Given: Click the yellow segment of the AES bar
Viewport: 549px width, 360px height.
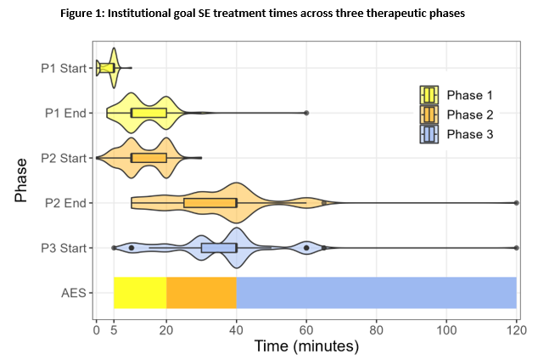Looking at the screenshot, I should click(x=140, y=293).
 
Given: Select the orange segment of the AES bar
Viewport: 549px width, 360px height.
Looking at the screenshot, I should click(x=201, y=293).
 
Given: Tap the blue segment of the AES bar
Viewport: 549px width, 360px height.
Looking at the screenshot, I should click(x=376, y=293).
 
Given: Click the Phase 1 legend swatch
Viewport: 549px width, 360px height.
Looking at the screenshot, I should click(x=429, y=95).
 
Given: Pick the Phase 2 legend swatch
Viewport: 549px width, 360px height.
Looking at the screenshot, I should click(x=429, y=115).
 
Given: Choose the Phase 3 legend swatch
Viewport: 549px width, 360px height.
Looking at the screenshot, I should click(x=429, y=134).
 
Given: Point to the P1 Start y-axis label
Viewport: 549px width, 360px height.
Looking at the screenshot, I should click(x=64, y=68).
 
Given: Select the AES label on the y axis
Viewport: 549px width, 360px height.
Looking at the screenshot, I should click(x=73, y=293).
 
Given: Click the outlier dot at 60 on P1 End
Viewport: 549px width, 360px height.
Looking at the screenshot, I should click(x=306, y=113).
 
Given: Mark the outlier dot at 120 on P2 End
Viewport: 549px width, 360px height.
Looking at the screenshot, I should click(x=516, y=203).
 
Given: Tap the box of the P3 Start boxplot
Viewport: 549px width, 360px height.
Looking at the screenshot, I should click(x=219, y=248).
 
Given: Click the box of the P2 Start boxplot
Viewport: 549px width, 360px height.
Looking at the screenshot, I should click(x=148, y=158).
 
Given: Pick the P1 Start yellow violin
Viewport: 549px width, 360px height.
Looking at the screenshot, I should click(x=107, y=68).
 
